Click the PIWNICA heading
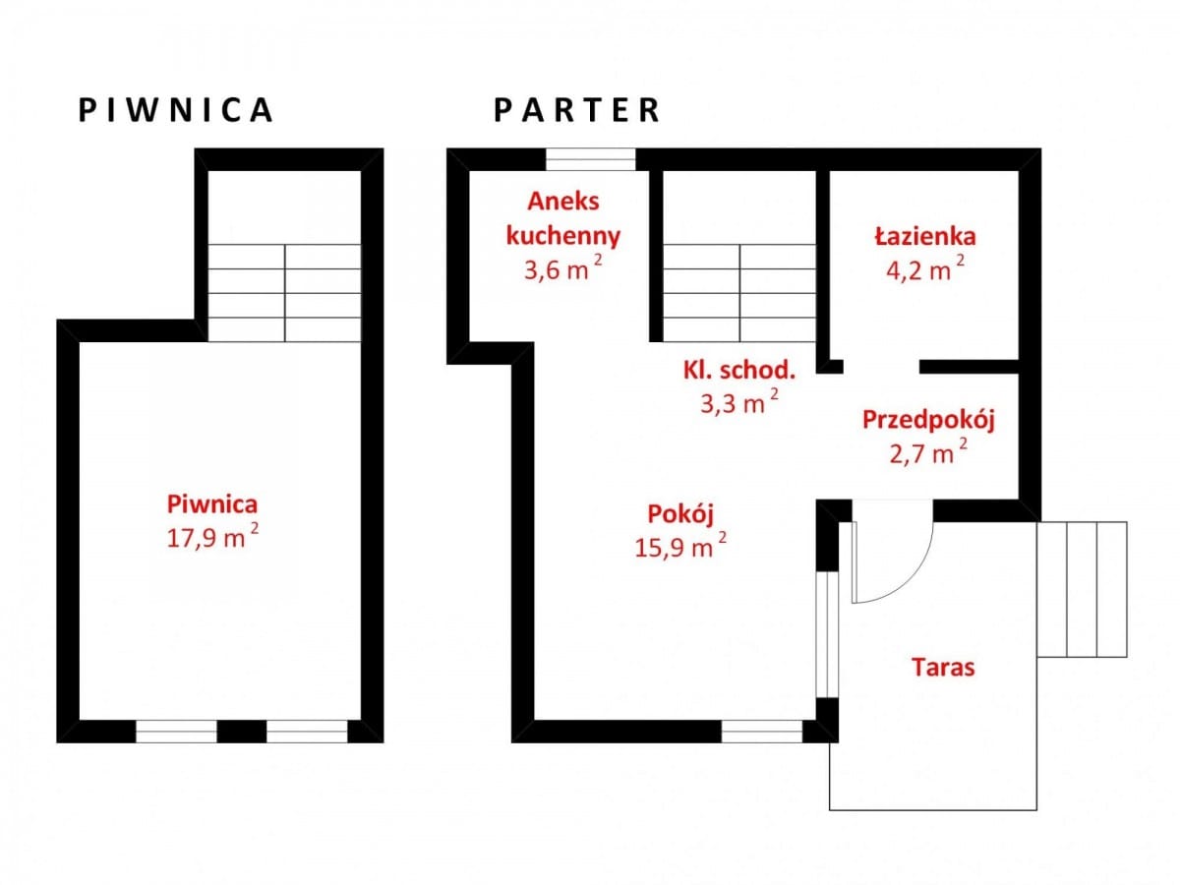point(176,110)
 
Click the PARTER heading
point(576,110)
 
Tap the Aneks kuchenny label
point(562,219)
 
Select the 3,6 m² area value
point(562,267)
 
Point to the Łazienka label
point(925,236)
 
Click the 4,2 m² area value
point(925,268)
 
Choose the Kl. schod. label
point(739,371)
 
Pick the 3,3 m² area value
point(739,401)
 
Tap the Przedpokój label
point(928,420)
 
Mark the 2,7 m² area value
point(928,451)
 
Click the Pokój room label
point(680,514)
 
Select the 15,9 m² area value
point(680,546)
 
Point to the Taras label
point(943,668)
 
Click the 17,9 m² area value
point(212,536)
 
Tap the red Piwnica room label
point(212,504)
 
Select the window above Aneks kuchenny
point(591,159)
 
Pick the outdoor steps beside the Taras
point(1083,589)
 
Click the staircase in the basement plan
point(284,293)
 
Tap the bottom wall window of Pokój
point(762,732)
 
